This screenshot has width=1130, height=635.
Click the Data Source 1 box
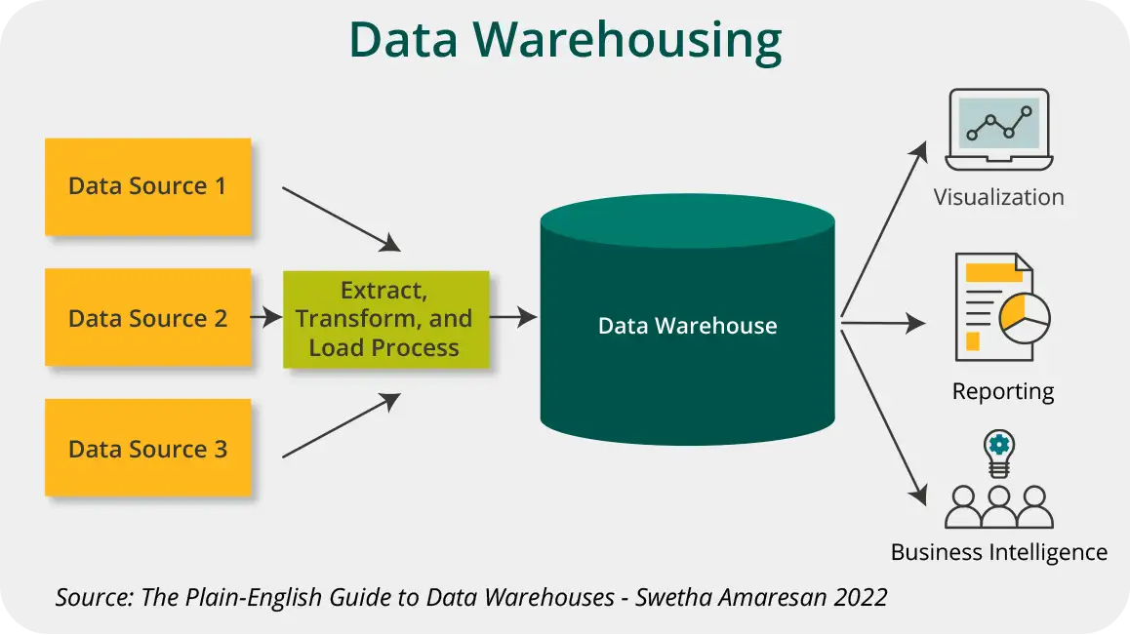(147, 186)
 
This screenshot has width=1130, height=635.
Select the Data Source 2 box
(147, 318)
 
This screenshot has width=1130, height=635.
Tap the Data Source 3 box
(147, 449)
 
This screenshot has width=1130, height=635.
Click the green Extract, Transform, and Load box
(385, 319)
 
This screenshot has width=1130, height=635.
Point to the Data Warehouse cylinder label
(687, 326)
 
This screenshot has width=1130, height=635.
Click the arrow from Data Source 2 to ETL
(266, 318)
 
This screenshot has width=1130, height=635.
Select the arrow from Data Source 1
(341, 218)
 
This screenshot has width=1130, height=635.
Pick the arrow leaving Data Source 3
(341, 426)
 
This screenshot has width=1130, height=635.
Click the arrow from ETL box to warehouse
(512, 317)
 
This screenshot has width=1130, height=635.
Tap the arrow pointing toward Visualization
(883, 230)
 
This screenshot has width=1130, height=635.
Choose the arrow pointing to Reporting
(883, 323)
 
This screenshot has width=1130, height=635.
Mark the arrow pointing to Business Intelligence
(883, 415)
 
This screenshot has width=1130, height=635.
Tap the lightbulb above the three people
(997, 452)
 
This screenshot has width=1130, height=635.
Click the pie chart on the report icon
(1024, 314)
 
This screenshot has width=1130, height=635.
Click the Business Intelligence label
(998, 552)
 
